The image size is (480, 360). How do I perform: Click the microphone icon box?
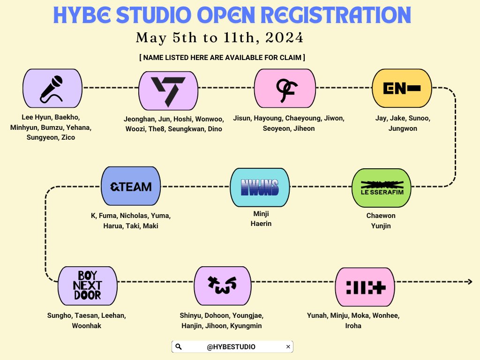[x=52, y=88]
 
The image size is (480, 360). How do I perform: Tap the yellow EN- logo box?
[x=401, y=89]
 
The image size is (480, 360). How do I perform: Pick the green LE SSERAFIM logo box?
[x=382, y=187]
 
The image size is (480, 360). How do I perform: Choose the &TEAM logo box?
[x=131, y=186]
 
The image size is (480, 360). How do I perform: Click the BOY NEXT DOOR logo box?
[x=87, y=285]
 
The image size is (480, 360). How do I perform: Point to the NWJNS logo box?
[x=260, y=187]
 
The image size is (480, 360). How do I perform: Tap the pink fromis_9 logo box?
[x=284, y=88]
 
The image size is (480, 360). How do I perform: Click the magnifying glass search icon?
[x=179, y=347]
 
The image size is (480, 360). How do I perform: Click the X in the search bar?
[x=288, y=347]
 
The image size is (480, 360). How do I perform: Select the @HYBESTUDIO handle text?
[x=231, y=347]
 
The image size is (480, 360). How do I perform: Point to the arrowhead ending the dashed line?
[x=469, y=282]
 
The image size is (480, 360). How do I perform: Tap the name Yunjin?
[x=381, y=226]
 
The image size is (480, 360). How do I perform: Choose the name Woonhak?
[x=87, y=326]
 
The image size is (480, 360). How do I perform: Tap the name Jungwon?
[x=402, y=128]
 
